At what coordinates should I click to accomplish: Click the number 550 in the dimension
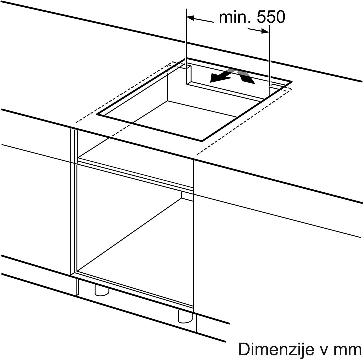pos(271,17)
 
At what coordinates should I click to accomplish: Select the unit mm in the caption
pos(350,351)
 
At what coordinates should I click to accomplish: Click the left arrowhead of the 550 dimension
pos(190,18)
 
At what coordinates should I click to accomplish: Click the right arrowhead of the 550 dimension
pos(265,31)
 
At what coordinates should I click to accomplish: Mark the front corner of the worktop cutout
pos(202,141)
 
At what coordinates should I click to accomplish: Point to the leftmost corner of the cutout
pos(97,114)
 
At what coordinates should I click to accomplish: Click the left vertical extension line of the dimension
pos(186,46)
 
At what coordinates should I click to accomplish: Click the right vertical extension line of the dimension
pos(269,60)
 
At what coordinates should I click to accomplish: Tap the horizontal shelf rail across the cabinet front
pos(135,175)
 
